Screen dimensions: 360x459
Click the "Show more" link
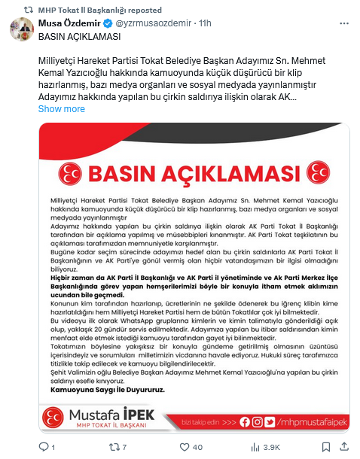(61, 109)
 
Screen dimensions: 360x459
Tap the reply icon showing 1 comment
(53, 448)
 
